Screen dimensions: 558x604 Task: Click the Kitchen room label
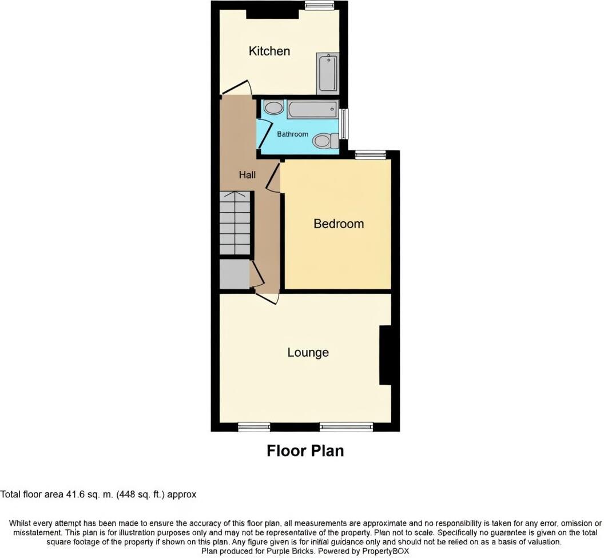coord(269,51)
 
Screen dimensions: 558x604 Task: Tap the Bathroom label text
coord(292,134)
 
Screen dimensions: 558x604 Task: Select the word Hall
coord(247,175)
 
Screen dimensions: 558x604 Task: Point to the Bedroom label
coord(338,224)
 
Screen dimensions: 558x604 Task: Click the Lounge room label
coord(308,352)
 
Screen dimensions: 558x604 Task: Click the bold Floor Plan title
coord(305,451)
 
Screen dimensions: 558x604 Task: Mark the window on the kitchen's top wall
coord(319,6)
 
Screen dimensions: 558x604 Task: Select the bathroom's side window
coord(344,123)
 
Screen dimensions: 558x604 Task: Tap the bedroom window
coord(370,154)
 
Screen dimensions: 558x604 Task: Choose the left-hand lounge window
coord(254,427)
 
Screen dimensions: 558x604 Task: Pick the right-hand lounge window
coord(346,427)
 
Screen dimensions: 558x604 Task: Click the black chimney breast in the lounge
coord(385,354)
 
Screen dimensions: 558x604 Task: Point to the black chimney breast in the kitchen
coord(272,14)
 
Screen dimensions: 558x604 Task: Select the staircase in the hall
coord(235,223)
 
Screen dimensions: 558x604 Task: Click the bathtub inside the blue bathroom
coord(312,109)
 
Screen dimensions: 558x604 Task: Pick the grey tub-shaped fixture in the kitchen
coord(328,73)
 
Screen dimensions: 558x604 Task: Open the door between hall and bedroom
coord(273,176)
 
